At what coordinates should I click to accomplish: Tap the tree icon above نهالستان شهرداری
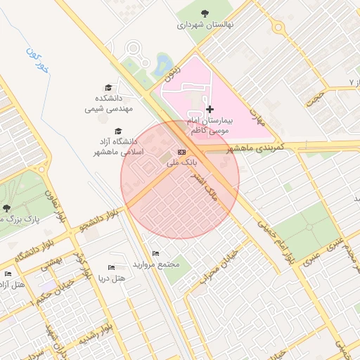click(205, 13)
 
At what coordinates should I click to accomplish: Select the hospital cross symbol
click(210, 110)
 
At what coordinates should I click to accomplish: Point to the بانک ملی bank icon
click(182, 152)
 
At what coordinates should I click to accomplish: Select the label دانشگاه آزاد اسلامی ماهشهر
click(118, 146)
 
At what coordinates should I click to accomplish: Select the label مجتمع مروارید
click(161, 264)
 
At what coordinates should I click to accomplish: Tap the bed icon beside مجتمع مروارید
click(155, 253)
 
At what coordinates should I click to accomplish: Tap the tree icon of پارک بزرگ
click(6, 208)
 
